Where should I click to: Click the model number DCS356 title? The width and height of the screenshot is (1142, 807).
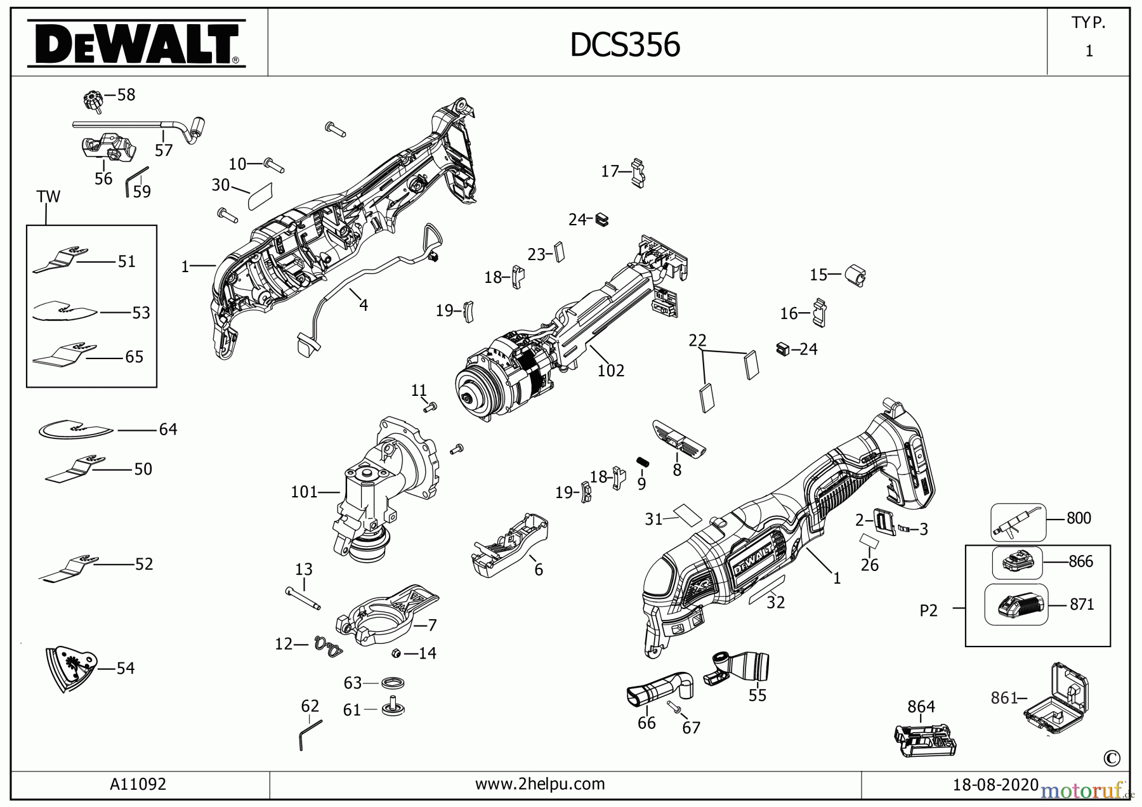pos(625,45)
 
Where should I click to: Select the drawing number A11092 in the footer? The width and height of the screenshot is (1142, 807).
pos(138,784)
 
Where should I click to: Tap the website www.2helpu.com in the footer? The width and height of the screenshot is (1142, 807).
pos(540,784)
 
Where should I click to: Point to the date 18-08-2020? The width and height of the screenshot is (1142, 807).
pos(995,785)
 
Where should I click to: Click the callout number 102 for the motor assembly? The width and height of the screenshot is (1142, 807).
pos(610,371)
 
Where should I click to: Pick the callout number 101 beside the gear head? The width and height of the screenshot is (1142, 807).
pos(304,492)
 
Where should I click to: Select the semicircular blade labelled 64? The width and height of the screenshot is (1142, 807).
pos(75,430)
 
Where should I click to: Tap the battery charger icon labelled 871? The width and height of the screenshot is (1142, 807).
pos(1016,605)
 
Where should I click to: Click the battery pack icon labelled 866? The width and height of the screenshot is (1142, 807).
pos(1017,562)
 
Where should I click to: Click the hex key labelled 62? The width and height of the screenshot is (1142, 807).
pos(310,735)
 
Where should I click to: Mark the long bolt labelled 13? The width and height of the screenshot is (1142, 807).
pos(303,598)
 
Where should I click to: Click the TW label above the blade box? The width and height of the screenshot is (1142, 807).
pos(48,197)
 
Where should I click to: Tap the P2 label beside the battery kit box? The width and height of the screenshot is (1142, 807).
pos(928,610)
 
